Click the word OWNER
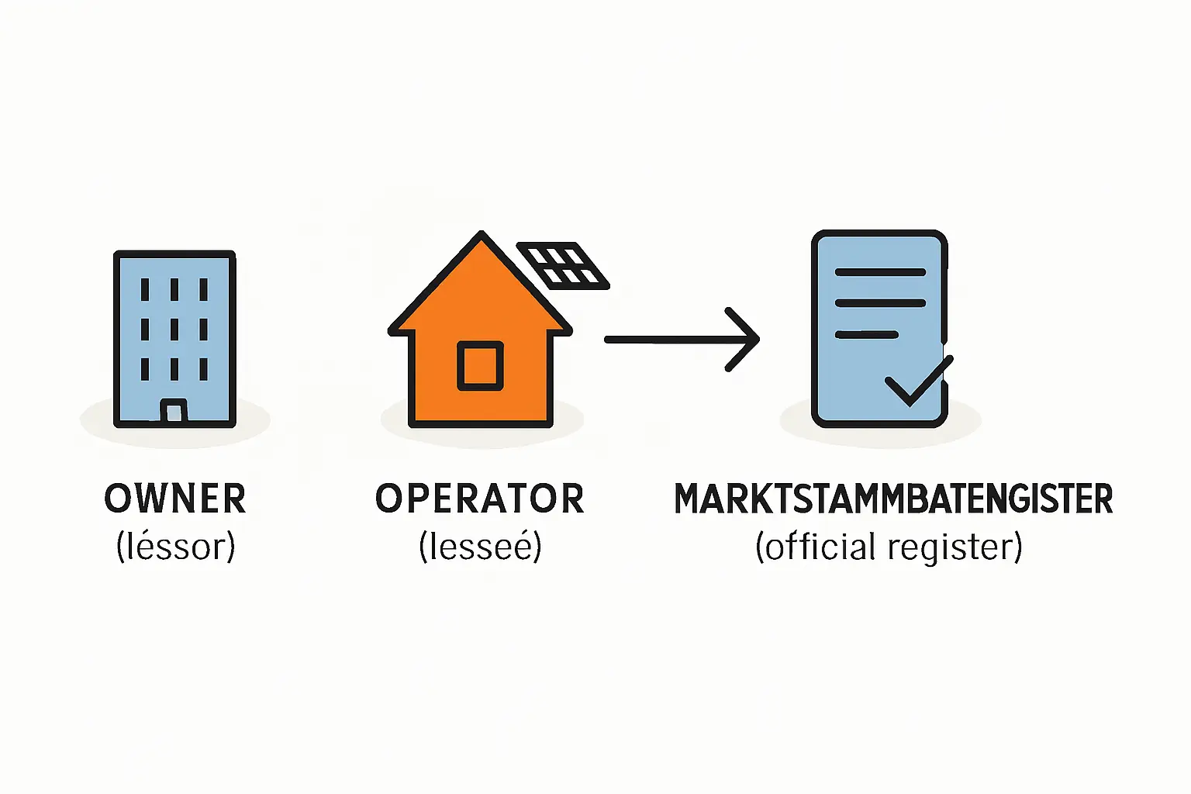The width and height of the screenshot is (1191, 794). click(175, 499)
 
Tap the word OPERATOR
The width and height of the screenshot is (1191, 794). click(479, 499)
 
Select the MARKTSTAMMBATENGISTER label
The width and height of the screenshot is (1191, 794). click(893, 499)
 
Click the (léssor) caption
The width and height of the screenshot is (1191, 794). click(175, 547)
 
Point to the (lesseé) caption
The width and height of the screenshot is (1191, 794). click(480, 547)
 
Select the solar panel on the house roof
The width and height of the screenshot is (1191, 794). click(564, 266)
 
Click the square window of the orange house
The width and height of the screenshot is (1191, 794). click(480, 365)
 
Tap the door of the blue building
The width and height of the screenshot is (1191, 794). click(174, 410)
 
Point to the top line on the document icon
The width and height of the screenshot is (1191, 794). click(880, 272)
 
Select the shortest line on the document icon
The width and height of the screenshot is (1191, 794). click(866, 335)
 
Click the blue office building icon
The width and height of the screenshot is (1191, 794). click(174, 338)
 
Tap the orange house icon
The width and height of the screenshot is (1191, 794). click(480, 341)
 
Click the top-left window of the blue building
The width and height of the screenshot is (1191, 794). click(145, 289)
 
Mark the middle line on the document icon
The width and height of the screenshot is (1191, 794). click(880, 303)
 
